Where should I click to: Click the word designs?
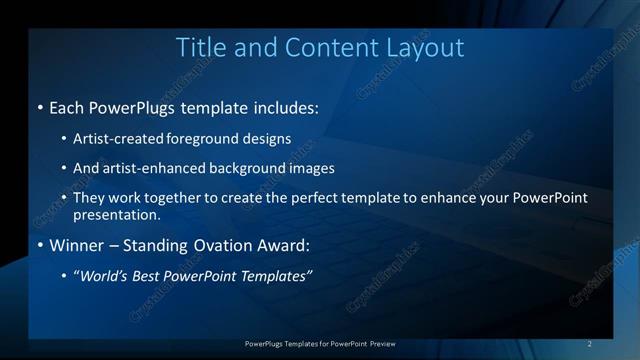(263, 138)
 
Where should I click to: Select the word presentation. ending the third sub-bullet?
(116, 214)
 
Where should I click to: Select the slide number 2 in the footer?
(589, 344)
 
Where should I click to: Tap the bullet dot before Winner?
(39, 245)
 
